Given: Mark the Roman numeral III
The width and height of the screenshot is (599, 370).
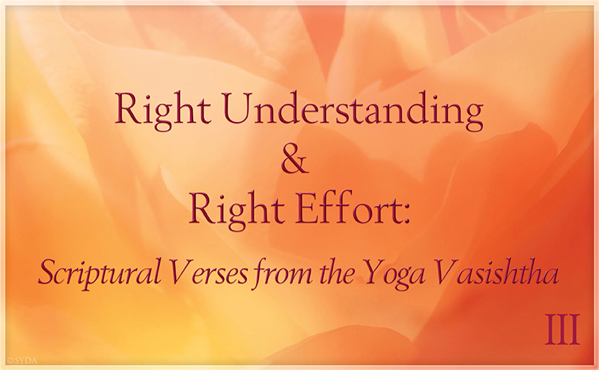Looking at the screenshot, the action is tap(563, 329).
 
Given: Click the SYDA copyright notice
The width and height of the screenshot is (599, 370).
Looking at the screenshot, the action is tap(22, 360).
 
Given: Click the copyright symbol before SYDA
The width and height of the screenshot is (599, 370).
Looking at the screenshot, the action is tap(10, 360).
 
